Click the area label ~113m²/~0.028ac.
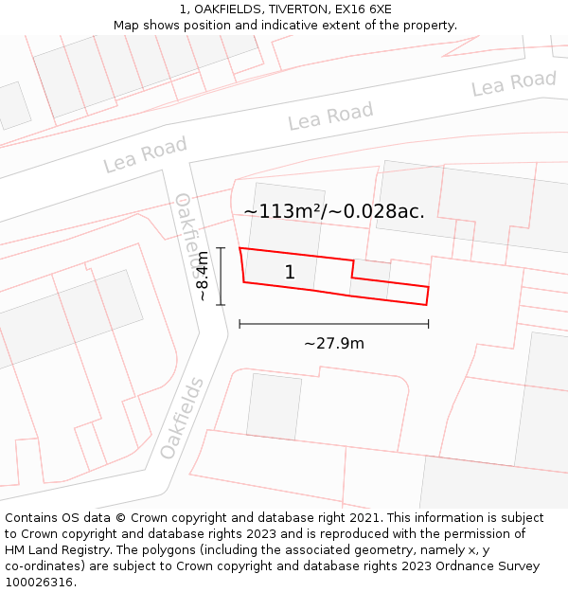(x=334, y=211)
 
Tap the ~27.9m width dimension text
(x=334, y=343)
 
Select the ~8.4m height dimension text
(x=202, y=277)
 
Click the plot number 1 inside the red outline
(x=290, y=273)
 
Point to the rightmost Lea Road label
(x=514, y=83)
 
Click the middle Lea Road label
(x=330, y=117)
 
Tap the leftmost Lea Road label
(x=145, y=154)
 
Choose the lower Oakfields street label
(x=182, y=418)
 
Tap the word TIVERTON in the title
(x=297, y=9)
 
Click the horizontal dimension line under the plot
(x=334, y=324)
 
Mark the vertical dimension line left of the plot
(x=221, y=277)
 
